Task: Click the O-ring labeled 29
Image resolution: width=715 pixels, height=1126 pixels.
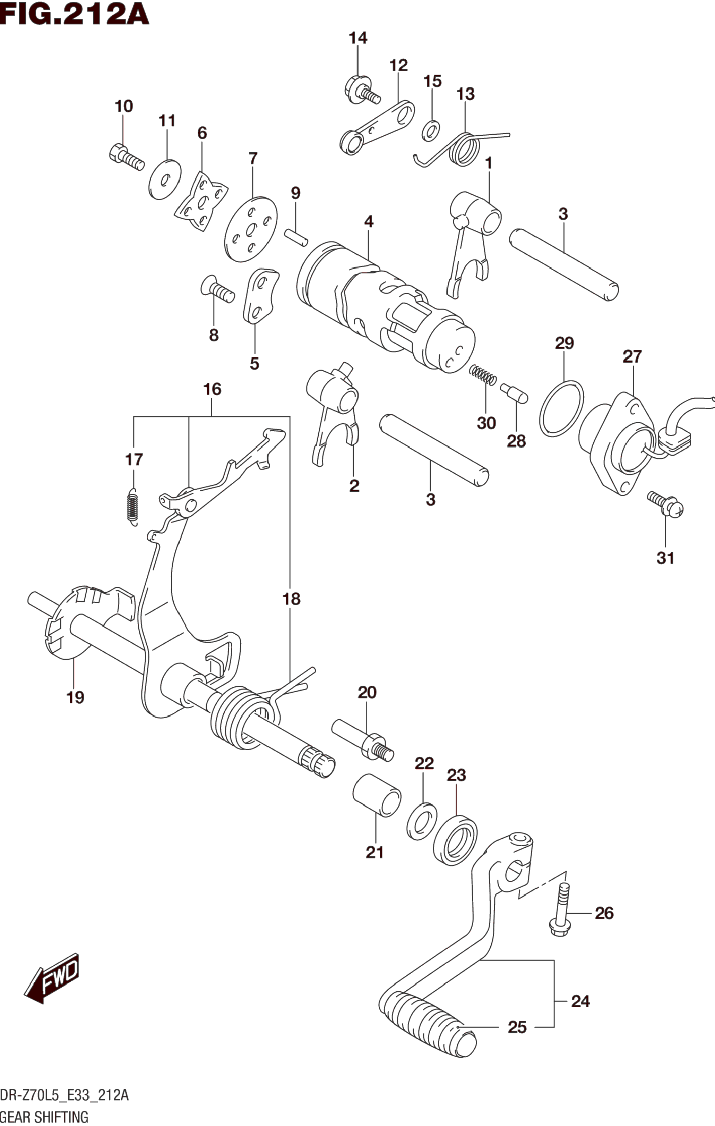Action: [561, 408]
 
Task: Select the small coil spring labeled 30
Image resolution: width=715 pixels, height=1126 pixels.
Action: [483, 375]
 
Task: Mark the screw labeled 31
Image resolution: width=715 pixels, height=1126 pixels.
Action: [665, 504]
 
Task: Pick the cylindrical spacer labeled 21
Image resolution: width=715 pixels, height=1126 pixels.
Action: [377, 795]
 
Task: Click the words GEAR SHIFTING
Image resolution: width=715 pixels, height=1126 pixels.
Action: [44, 1117]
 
